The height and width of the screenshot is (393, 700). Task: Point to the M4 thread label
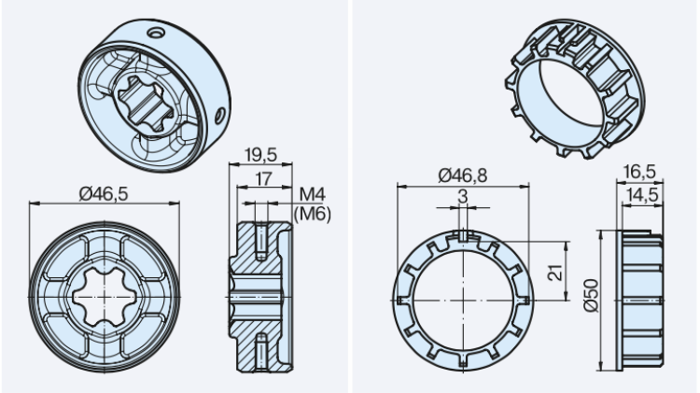pos(311,194)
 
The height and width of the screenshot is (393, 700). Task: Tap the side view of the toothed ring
pos(642,300)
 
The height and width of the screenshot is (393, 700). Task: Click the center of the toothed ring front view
pos(465,300)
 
